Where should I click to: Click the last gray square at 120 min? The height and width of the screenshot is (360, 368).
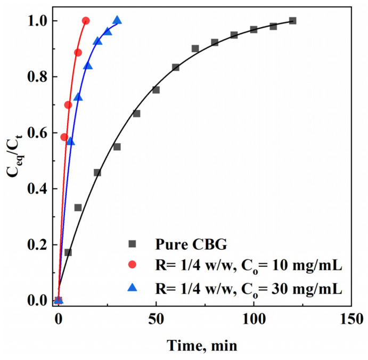(x=292, y=21)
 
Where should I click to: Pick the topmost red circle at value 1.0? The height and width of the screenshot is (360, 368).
(x=86, y=21)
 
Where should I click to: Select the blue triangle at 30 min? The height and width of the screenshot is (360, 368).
(x=117, y=21)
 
